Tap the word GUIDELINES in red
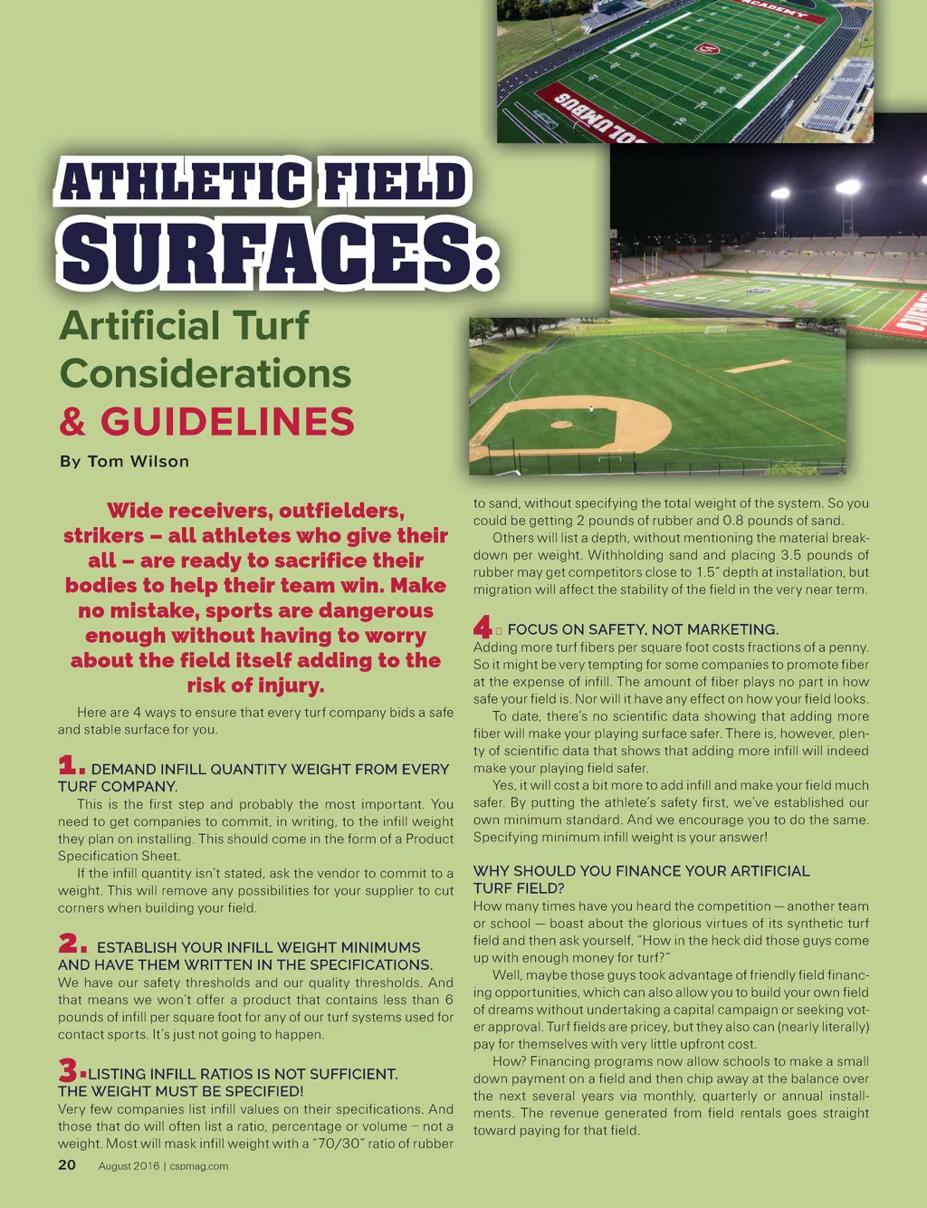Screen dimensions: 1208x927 [x=226, y=422]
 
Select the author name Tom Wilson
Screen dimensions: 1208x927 [x=139, y=461]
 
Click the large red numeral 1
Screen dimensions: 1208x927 [x=71, y=766]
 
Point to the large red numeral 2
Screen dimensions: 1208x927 [x=72, y=944]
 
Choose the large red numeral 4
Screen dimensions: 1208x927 [x=483, y=627]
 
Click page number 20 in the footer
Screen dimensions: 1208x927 [x=67, y=1165]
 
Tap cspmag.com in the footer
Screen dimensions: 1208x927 [x=199, y=1166]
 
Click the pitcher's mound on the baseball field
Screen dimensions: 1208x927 [x=562, y=423]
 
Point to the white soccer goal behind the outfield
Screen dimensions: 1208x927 [x=716, y=329]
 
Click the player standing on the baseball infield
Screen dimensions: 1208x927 [x=590, y=409]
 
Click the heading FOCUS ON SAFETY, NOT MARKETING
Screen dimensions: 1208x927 [x=642, y=629]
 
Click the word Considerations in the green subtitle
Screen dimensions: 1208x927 [x=205, y=374]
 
